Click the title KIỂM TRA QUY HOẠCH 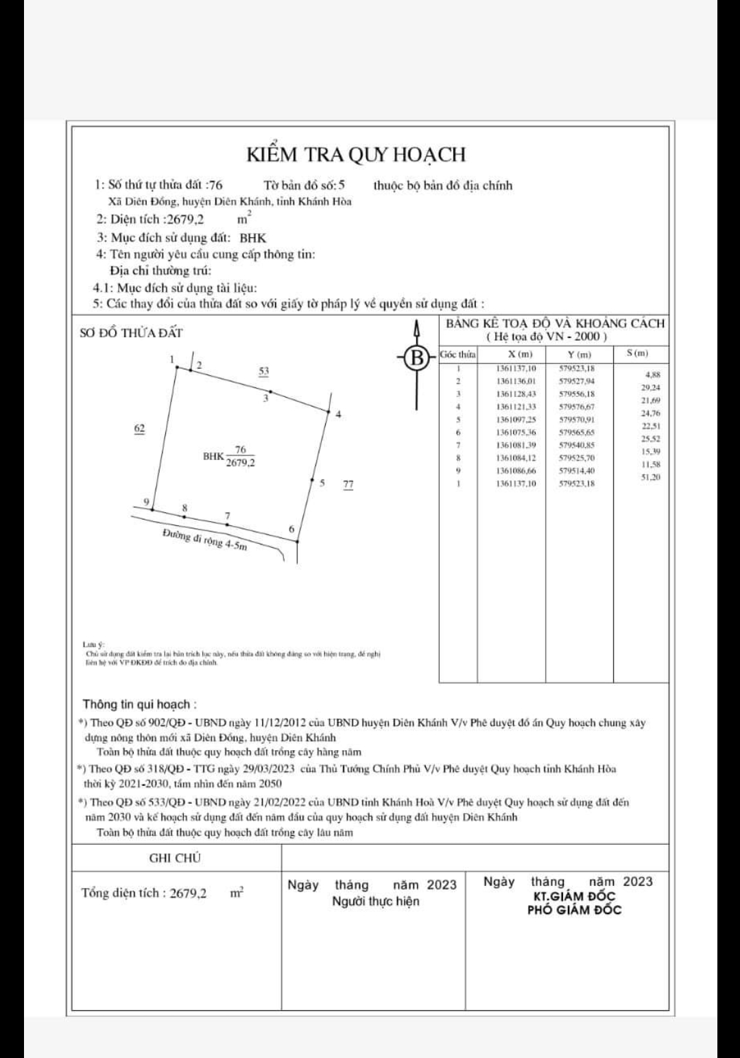click(355, 154)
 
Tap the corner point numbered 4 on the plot click(328, 411)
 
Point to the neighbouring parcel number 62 click(139, 429)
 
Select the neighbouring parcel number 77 click(348, 485)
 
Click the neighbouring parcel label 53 click(263, 371)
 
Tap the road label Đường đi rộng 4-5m click(204, 540)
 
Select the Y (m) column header click(580, 354)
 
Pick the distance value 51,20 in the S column click(649, 477)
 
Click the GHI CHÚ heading click(175, 858)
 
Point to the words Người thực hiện click(375, 901)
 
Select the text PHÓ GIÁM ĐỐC click(574, 910)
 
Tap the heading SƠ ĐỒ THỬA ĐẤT click(132, 333)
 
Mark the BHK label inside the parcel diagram click(213, 455)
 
